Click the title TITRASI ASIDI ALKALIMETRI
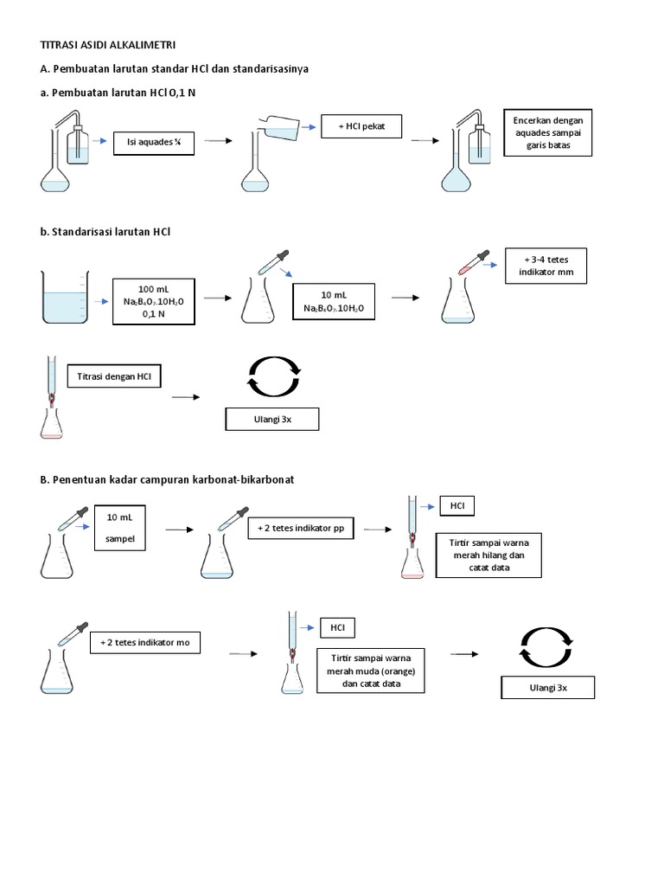click(108, 44)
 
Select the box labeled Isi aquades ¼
click(154, 142)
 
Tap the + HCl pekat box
click(361, 126)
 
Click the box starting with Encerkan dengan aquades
click(548, 132)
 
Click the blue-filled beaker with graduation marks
click(64, 297)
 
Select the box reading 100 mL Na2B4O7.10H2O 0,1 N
click(154, 301)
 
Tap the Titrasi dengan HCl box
click(114, 376)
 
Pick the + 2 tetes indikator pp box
click(301, 529)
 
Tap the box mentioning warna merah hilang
click(488, 554)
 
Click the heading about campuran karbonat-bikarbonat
click(174, 478)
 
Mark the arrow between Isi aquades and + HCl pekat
click(217, 140)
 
